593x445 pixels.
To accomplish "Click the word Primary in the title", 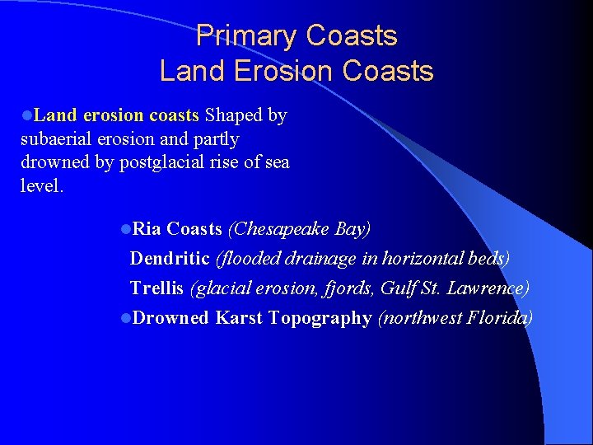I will click(x=247, y=36).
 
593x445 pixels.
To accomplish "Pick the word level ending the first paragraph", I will click(x=39, y=185).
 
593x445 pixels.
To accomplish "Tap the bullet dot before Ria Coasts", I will click(x=124, y=229).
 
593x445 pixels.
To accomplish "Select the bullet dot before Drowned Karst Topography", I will click(x=124, y=318).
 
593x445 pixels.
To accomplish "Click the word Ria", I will click(x=147, y=228).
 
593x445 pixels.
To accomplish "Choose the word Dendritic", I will click(x=170, y=258).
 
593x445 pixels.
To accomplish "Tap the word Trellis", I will click(x=157, y=288).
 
